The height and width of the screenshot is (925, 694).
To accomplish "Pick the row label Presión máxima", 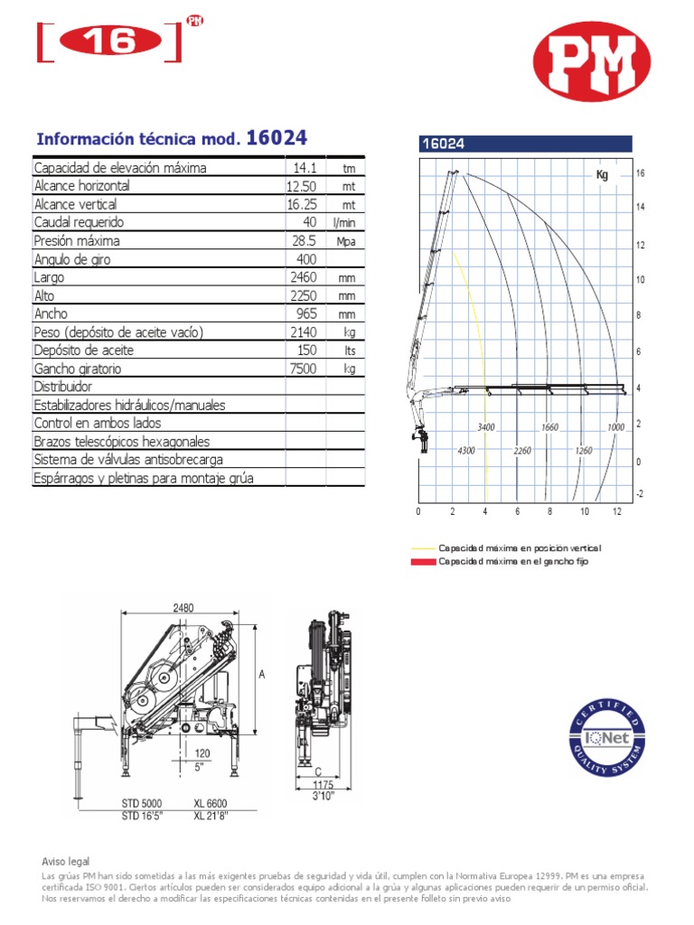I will (77, 241).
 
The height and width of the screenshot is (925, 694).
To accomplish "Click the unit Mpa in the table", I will (347, 242).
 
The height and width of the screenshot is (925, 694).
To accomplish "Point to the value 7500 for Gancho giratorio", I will (304, 369).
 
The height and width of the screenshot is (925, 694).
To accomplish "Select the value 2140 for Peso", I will (304, 332).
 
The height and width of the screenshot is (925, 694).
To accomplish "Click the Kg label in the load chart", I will (602, 174).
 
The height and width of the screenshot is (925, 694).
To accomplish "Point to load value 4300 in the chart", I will (466, 450).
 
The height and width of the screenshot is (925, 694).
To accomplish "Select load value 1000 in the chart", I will (616, 427).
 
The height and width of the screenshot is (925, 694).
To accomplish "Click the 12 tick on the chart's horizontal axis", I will (617, 512).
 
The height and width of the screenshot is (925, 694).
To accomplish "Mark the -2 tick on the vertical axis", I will (640, 493).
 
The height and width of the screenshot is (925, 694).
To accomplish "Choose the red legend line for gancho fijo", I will (423, 562).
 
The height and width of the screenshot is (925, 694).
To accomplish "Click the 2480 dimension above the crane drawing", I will (184, 608).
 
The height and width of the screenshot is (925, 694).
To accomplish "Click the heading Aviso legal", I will (66, 862).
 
